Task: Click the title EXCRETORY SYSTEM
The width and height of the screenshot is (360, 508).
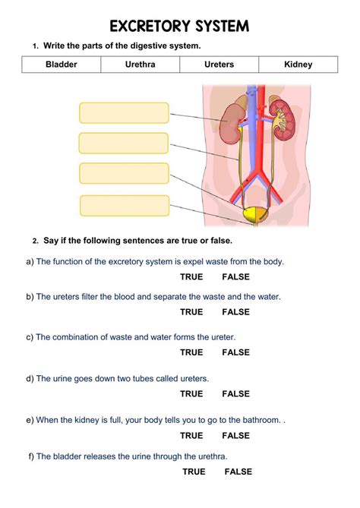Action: (179, 27)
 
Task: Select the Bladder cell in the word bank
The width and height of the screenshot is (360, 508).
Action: (62, 64)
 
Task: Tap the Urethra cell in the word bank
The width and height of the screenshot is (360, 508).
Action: (140, 64)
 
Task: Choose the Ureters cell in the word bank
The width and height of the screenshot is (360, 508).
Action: (219, 64)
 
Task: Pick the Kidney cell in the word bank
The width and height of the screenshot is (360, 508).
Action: (298, 64)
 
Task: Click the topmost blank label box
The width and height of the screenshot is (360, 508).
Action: (124, 112)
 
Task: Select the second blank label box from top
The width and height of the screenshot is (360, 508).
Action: (124, 143)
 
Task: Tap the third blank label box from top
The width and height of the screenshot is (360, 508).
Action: (124, 173)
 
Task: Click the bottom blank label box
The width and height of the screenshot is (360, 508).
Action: (125, 206)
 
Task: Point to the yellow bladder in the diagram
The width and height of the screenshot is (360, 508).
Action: (255, 214)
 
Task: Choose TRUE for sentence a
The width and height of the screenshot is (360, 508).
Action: (191, 276)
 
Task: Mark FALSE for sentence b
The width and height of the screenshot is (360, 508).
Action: (236, 311)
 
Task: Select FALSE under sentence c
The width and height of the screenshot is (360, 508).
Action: (236, 352)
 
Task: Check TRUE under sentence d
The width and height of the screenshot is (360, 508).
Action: (191, 393)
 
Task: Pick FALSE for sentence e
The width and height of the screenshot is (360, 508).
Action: (236, 435)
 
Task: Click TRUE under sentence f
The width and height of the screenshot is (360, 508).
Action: (194, 472)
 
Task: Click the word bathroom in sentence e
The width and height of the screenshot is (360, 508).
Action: (262, 420)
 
